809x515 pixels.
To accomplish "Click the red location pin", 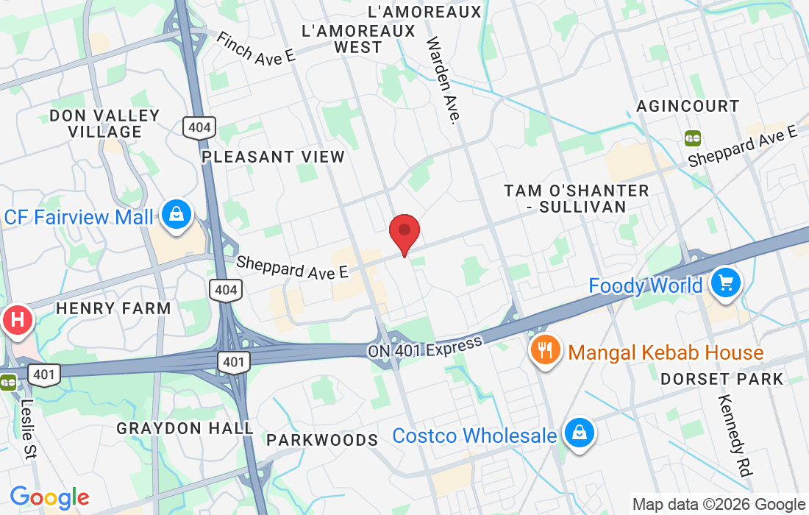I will tap(404, 232).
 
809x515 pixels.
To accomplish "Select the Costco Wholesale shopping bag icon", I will tap(580, 433).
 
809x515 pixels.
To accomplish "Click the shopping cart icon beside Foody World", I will tap(726, 283).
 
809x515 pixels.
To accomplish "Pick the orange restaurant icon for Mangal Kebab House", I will tap(545, 350).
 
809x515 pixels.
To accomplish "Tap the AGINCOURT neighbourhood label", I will tap(688, 106).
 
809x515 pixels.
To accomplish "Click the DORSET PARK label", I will tap(721, 379).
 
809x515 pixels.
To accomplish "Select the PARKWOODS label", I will tap(322, 440).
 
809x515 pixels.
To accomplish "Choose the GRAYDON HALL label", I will tap(185, 427).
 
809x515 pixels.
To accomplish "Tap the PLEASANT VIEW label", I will tap(273, 157).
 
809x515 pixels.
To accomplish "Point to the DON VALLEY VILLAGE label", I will tap(104, 124).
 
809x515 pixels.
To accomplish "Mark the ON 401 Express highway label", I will tap(426, 347).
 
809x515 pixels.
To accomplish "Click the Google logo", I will tap(49, 497).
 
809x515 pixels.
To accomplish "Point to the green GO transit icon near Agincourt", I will tap(692, 138).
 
